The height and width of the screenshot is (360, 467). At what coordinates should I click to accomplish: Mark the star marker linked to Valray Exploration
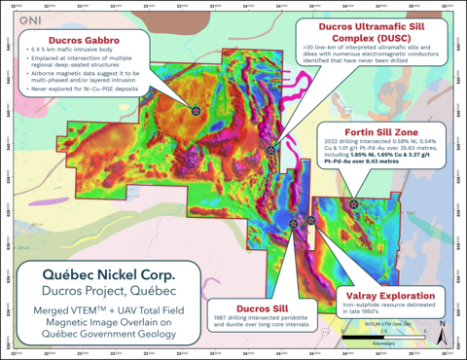point(309,220)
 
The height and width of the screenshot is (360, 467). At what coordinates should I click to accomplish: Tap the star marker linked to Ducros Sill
point(292,221)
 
